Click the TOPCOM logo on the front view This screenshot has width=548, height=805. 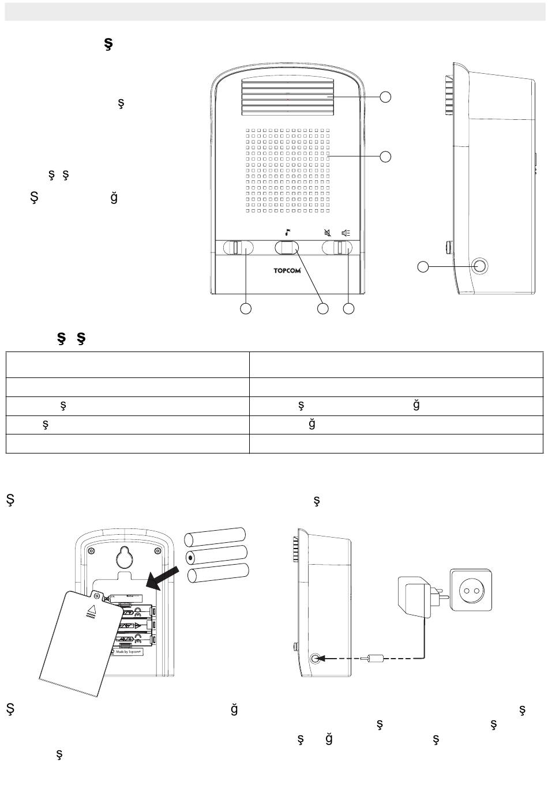287,270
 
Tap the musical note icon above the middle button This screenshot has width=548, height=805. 287,233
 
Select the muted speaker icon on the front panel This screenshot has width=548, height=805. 328,233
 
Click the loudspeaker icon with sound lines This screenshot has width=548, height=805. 346,233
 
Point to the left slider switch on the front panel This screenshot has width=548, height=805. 238,248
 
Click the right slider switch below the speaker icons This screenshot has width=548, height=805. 341,248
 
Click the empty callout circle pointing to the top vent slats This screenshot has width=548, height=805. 385,97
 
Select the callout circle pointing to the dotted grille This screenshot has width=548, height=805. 385,156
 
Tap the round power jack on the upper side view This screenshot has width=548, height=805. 479,266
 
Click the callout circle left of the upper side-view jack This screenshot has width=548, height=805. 423,266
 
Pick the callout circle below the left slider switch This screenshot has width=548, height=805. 245,309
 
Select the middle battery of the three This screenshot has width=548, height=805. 217,555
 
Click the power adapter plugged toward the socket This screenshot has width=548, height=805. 414,597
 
